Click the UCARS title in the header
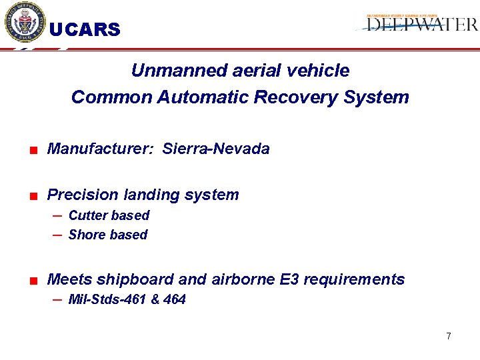tap(85, 30)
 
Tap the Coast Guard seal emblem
tap(25, 23)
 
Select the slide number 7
tap(449, 336)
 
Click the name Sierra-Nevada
tap(216, 149)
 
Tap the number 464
tap(174, 299)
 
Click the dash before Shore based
tap(58, 235)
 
